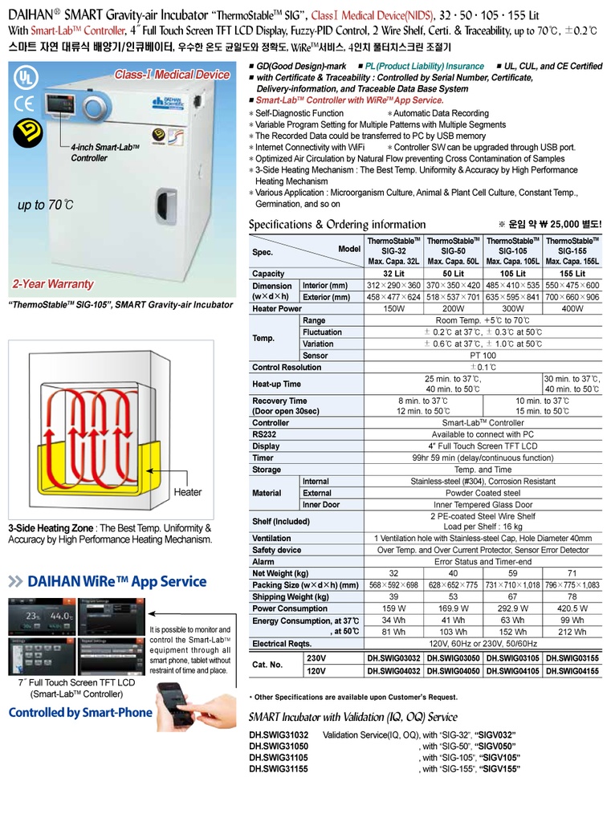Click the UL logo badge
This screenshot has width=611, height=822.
(x=26, y=78)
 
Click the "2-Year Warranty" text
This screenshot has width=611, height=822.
(x=53, y=284)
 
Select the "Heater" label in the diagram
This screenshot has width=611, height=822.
(x=187, y=492)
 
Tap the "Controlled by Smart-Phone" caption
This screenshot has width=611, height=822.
(x=79, y=712)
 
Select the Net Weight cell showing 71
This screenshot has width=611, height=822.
(x=572, y=574)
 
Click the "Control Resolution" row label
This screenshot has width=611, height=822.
(x=287, y=367)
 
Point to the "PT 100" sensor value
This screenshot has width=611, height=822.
(x=483, y=355)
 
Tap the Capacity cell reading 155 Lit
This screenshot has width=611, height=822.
(x=572, y=274)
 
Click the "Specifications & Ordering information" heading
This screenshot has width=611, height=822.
(x=337, y=224)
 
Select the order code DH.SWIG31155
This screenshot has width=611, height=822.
(x=279, y=769)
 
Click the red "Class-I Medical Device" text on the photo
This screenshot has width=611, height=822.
(x=171, y=75)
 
